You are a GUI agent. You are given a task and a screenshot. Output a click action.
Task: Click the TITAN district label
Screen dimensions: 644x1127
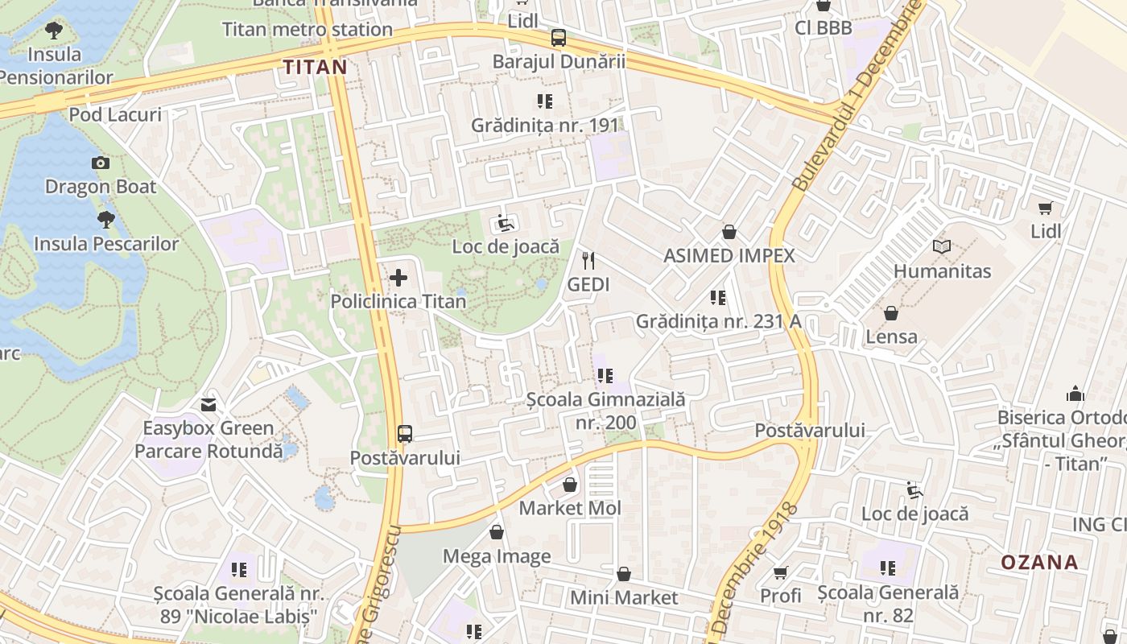click(315, 67)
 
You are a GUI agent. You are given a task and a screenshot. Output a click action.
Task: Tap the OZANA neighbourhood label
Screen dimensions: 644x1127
click(1039, 562)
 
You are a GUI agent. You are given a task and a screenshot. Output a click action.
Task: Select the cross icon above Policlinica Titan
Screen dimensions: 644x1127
click(398, 279)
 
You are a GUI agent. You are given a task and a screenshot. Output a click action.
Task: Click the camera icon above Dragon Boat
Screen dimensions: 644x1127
click(101, 163)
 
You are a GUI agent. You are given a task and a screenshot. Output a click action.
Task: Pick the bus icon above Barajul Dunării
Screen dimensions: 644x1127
click(559, 37)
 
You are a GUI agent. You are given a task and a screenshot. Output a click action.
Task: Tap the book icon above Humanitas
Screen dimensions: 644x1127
click(941, 246)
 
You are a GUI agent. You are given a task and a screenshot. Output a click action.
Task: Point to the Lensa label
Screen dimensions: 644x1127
click(891, 336)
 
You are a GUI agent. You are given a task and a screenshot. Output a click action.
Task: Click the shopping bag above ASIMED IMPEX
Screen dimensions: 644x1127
click(729, 232)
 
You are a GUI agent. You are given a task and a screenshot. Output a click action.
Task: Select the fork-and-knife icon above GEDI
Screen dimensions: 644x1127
click(588, 260)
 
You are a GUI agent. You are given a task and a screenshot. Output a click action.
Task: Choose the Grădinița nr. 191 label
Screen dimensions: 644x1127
click(545, 126)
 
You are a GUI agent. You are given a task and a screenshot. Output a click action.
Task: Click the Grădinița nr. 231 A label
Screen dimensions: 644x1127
click(718, 321)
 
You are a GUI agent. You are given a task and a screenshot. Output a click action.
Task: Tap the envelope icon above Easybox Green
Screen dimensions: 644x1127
click(208, 404)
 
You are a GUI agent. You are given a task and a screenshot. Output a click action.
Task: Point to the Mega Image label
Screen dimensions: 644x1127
click(497, 556)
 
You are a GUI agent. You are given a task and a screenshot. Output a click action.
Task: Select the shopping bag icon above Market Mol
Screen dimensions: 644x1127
click(570, 485)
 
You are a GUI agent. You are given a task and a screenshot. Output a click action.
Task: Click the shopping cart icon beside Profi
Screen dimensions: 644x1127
click(780, 572)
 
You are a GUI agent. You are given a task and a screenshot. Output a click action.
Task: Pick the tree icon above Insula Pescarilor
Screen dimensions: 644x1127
click(105, 219)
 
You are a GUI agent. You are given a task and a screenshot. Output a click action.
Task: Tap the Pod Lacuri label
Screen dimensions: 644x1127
click(114, 114)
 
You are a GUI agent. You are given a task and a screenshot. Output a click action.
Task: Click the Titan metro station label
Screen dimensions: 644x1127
click(308, 30)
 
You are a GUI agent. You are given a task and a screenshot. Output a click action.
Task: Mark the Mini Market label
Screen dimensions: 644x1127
click(624, 598)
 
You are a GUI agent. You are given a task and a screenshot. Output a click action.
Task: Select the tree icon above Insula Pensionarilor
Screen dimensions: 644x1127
click(54, 31)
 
